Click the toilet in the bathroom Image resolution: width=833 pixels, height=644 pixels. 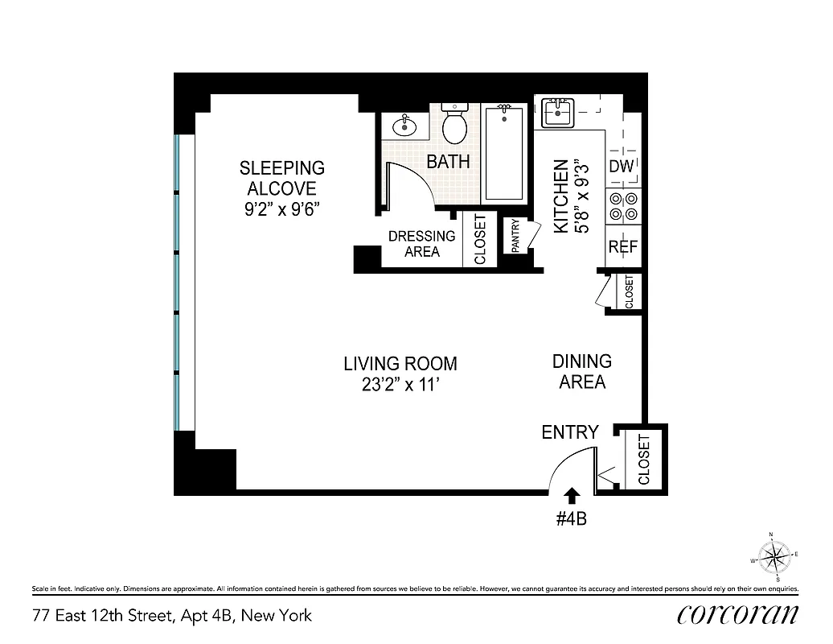tap(456, 124)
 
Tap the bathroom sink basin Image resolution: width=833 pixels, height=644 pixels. tap(403, 126)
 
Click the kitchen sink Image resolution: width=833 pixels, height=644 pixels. tap(556, 112)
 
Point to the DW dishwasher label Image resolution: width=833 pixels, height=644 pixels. tap(622, 167)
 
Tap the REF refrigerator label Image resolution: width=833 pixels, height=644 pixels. tap(622, 247)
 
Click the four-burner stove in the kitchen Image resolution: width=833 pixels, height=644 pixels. tap(623, 207)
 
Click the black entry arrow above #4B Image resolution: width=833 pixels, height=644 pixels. tap(572, 493)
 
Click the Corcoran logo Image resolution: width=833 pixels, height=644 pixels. tap(737, 614)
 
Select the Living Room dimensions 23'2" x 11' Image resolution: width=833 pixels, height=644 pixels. tap(400, 385)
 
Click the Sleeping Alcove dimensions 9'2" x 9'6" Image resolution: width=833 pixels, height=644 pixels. tap(282, 208)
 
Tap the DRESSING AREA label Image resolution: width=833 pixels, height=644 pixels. tap(421, 244)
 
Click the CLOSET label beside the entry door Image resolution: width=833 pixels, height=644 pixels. tap(644, 460)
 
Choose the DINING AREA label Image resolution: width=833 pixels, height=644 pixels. tap(581, 372)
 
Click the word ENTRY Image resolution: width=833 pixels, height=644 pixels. tap(569, 432)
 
